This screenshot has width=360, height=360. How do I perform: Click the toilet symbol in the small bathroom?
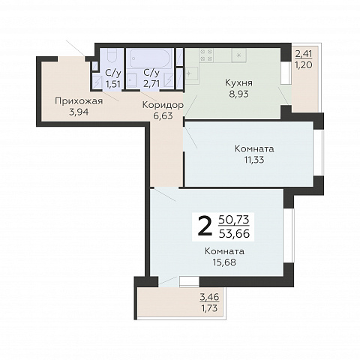click(112, 55)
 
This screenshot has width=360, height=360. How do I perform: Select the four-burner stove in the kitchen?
click(206, 55)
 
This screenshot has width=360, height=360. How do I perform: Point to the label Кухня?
click(238, 82)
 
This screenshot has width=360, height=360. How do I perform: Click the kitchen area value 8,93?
click(238, 94)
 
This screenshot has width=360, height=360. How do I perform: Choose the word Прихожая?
click(79, 101)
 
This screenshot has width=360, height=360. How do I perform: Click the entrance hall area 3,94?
click(79, 112)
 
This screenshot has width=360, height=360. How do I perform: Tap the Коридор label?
click(163, 105)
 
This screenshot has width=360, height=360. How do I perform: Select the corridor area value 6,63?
click(163, 116)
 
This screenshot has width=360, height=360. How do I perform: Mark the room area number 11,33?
click(254, 160)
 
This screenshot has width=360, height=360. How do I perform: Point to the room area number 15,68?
click(224, 262)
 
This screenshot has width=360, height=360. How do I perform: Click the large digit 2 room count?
click(205, 227)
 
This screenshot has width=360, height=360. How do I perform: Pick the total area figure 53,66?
click(234, 234)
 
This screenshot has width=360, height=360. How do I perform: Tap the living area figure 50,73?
click(234, 220)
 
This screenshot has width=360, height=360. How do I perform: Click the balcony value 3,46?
click(209, 297)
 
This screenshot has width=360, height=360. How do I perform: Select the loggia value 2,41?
click(304, 54)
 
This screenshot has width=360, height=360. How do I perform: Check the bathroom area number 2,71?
click(151, 83)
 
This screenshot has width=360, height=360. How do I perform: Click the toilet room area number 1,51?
click(113, 84)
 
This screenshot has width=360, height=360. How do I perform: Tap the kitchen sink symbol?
click(191, 73)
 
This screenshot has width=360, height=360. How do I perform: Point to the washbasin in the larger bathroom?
click(131, 80)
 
